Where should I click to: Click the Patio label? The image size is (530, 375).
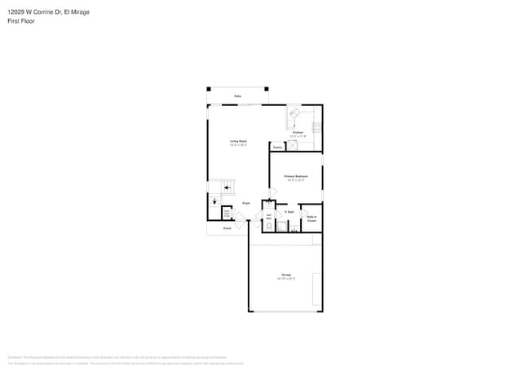click(x=238, y=96)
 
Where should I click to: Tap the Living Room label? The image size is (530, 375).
click(x=238, y=143)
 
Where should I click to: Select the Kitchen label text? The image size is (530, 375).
click(x=298, y=132)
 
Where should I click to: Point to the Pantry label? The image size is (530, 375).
click(x=278, y=148)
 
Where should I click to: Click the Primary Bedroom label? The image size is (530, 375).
click(x=295, y=176)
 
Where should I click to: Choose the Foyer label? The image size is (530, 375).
click(x=245, y=203)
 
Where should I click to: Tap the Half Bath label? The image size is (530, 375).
click(x=268, y=217)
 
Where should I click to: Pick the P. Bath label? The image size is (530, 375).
click(x=289, y=212)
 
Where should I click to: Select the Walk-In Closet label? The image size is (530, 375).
click(x=311, y=219)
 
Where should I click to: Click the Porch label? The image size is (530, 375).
click(x=227, y=228)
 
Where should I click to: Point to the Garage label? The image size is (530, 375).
click(x=286, y=276)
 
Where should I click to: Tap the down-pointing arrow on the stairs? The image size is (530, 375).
click(x=214, y=201)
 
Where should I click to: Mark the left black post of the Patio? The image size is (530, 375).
click(x=209, y=89)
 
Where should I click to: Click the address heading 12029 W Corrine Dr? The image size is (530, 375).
click(x=48, y=12)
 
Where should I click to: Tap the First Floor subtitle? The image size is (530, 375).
click(x=22, y=21)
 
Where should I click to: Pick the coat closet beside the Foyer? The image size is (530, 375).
click(x=227, y=214)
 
